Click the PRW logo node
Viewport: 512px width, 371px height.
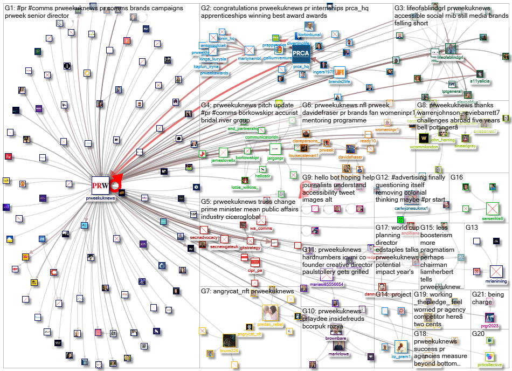coord(101,185)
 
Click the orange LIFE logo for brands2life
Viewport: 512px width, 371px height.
coord(339,71)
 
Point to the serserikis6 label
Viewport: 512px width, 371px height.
coord(492,218)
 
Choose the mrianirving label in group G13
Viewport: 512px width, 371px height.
coord(496,281)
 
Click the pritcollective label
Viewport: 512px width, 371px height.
coord(489,365)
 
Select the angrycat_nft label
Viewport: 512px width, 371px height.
coord(250,334)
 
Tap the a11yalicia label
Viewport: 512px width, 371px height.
coord(480,81)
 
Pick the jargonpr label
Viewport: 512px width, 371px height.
coord(275,158)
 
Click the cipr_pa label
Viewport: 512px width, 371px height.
coord(254,270)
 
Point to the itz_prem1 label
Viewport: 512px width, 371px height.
coord(401,356)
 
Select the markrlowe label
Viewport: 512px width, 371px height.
coord(339,354)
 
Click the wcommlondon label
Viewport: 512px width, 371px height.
coord(423,147)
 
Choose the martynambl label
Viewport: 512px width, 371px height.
coord(249,59)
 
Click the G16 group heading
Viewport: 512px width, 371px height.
coord(457,177)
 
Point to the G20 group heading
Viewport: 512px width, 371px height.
coord(479,334)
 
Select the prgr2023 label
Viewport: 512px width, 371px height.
coord(489,326)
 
